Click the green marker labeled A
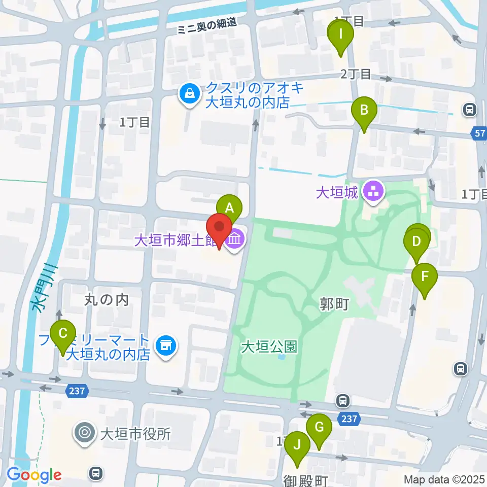click(229, 208)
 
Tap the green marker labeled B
click(364, 110)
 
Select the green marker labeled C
click(63, 334)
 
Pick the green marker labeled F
click(424, 277)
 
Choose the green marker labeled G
click(319, 427)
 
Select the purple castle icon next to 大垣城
click(376, 192)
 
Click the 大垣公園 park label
click(269, 347)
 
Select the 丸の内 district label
click(106, 300)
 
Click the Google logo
click(34, 474)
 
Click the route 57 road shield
click(480, 134)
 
